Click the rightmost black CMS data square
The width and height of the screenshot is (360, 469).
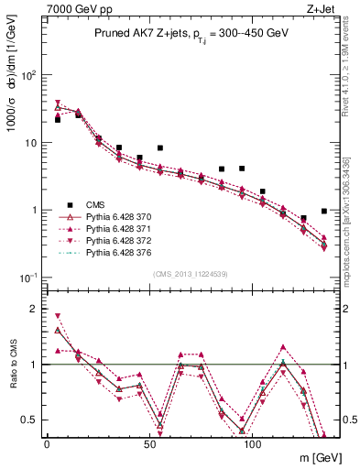[x=324, y=211]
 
